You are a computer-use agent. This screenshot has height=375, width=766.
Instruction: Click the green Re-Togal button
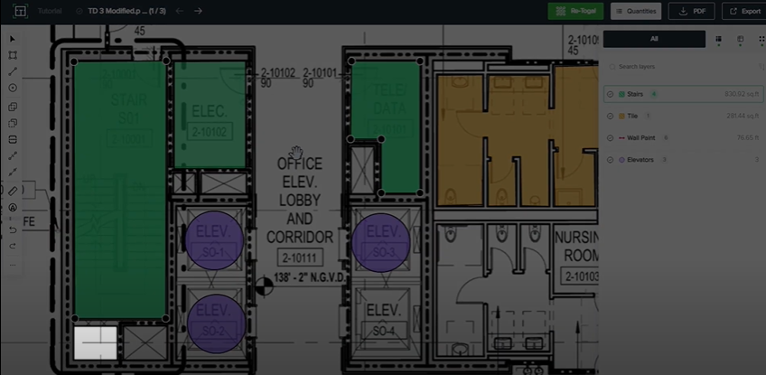(575, 11)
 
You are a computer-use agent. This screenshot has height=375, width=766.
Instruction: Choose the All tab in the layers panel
(654, 39)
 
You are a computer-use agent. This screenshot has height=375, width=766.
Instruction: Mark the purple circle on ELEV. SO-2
(215, 321)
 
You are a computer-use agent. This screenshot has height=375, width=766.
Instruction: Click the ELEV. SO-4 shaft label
(383, 322)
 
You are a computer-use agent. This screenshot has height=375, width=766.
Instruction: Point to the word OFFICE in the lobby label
(299, 164)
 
